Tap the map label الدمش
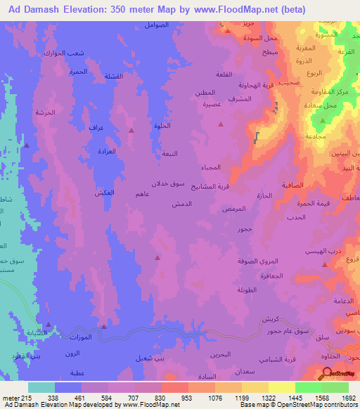(184, 203)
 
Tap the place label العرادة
(105, 151)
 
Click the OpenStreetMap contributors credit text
(310, 405)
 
